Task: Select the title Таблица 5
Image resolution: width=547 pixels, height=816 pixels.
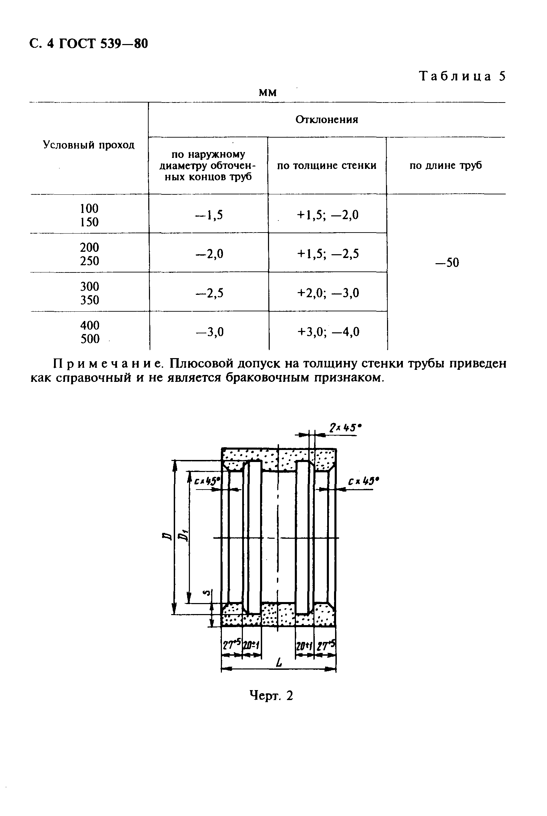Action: tap(462, 76)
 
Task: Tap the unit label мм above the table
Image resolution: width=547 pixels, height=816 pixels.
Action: tap(268, 93)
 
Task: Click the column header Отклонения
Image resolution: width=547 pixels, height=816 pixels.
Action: tap(326, 120)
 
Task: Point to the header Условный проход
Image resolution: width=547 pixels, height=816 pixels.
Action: tap(89, 145)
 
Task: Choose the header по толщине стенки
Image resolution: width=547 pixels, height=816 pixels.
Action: tap(326, 165)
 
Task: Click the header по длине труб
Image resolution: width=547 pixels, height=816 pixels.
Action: tap(446, 165)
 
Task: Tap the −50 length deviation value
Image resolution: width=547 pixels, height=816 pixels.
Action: tap(447, 262)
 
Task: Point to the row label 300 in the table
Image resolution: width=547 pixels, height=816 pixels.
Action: tap(89, 287)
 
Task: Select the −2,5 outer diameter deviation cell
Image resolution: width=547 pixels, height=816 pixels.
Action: tap(209, 293)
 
